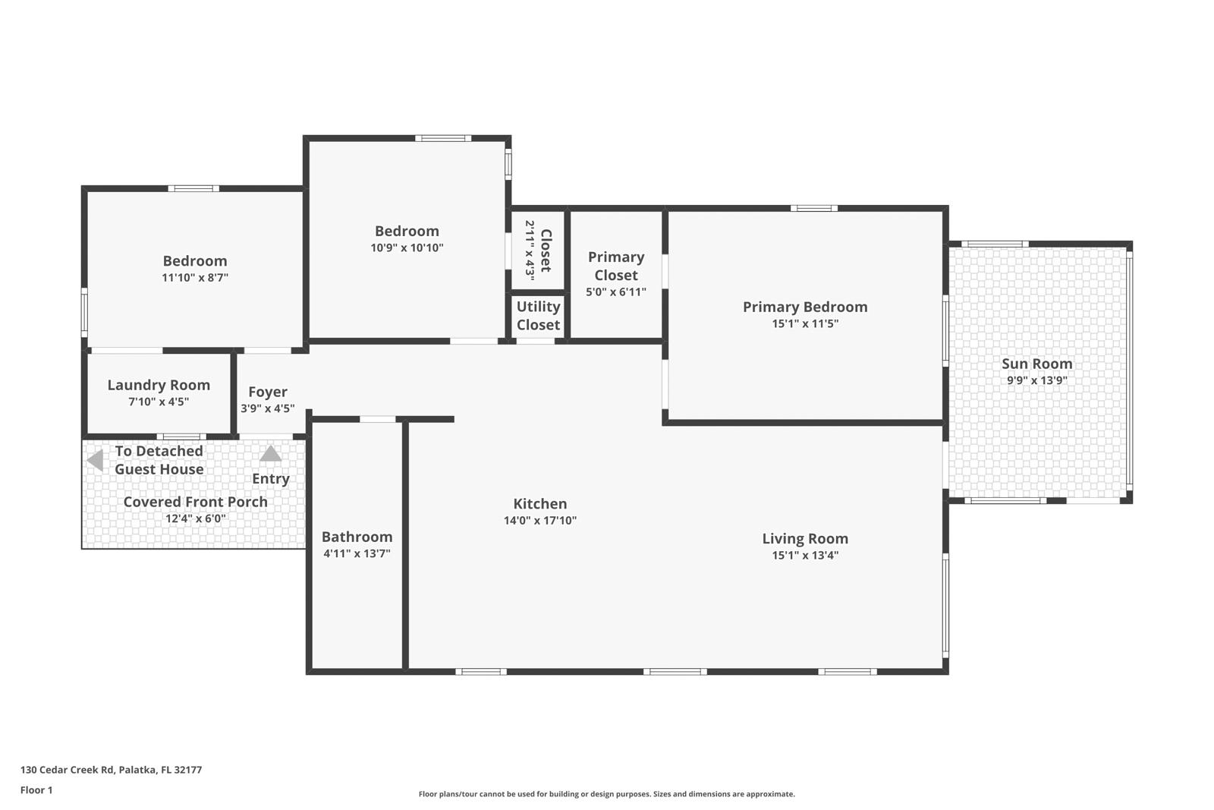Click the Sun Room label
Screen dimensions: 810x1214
(1036, 364)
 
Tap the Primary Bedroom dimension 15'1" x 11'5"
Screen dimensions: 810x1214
(804, 323)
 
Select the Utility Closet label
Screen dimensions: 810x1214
(538, 315)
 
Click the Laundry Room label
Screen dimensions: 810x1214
(159, 385)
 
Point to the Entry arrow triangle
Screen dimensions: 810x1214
(271, 454)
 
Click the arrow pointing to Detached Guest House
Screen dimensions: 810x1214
(95, 460)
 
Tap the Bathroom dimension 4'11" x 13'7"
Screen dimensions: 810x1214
(357, 553)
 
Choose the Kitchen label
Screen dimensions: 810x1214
(539, 503)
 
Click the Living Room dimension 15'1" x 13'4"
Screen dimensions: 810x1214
(804, 555)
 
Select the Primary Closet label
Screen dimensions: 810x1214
(615, 266)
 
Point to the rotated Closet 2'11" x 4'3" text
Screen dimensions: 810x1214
(538, 251)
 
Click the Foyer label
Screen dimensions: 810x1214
(268, 392)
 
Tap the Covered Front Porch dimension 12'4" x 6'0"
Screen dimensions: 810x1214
(195, 518)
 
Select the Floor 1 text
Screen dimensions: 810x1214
(36, 790)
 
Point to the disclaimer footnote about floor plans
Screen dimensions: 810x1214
(606, 794)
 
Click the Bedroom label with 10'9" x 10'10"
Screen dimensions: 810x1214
(407, 231)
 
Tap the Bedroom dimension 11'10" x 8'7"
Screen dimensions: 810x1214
(195, 277)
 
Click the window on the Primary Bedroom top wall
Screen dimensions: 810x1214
(813, 208)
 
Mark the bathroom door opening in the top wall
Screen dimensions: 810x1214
(377, 419)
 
